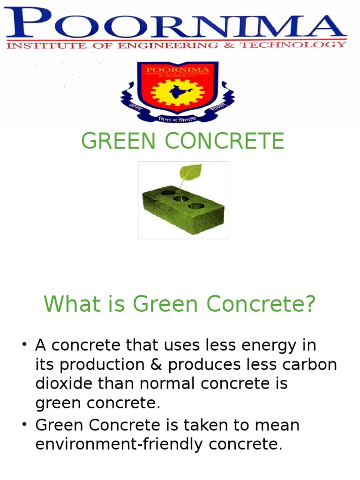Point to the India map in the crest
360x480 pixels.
point(178,92)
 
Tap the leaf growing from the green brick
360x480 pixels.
point(190,172)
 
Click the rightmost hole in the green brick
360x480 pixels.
point(196,206)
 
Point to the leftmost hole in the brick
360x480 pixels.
point(168,192)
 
